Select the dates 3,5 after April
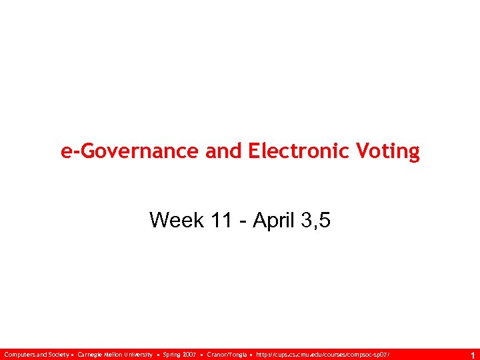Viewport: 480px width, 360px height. click(315, 219)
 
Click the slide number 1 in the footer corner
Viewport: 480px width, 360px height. click(472, 355)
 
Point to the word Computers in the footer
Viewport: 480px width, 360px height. click(19, 354)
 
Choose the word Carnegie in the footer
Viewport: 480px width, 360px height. click(90, 354)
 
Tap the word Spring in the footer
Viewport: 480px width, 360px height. click(171, 354)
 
